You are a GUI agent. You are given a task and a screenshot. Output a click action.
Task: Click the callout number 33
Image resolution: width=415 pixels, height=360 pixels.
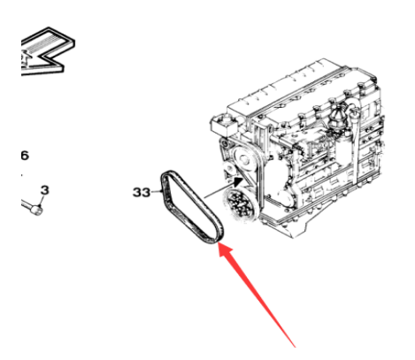coord(142,192)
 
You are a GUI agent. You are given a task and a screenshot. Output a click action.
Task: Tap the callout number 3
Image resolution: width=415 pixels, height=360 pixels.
coord(44,190)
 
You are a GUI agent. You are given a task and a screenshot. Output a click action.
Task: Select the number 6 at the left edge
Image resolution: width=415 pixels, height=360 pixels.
coord(25,156)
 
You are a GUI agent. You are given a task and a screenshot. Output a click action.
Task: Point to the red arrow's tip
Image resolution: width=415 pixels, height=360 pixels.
coord(218,243)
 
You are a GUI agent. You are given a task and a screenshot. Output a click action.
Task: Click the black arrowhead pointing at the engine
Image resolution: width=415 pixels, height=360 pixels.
coord(238,181)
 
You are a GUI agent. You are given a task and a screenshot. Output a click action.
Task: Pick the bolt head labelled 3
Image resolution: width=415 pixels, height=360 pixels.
coord(37,210)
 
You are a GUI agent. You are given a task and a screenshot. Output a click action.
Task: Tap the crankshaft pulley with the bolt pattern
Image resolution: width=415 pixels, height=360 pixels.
coord(241,204)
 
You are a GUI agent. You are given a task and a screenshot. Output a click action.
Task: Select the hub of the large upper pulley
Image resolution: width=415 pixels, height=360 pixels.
coord(243,160)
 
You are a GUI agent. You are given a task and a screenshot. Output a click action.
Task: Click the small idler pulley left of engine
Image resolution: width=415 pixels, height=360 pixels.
coord(229,170)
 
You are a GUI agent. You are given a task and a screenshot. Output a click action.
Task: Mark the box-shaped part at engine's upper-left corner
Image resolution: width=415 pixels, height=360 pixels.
coord(223,123)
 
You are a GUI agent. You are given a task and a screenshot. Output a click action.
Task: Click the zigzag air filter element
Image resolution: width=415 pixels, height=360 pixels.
coord(47,51)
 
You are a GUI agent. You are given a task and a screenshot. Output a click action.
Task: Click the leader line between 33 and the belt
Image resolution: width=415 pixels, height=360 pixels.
coord(155,192)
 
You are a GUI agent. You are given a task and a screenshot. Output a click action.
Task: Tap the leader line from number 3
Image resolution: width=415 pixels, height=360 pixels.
coord(41,200)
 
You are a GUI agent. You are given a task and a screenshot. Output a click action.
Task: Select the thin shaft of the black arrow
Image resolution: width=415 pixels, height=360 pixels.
coord(219,191)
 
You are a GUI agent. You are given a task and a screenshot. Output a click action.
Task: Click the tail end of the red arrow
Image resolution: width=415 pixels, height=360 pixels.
coord(295,347)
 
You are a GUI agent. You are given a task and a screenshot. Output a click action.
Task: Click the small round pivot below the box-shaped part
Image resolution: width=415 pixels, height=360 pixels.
coord(227,144)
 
